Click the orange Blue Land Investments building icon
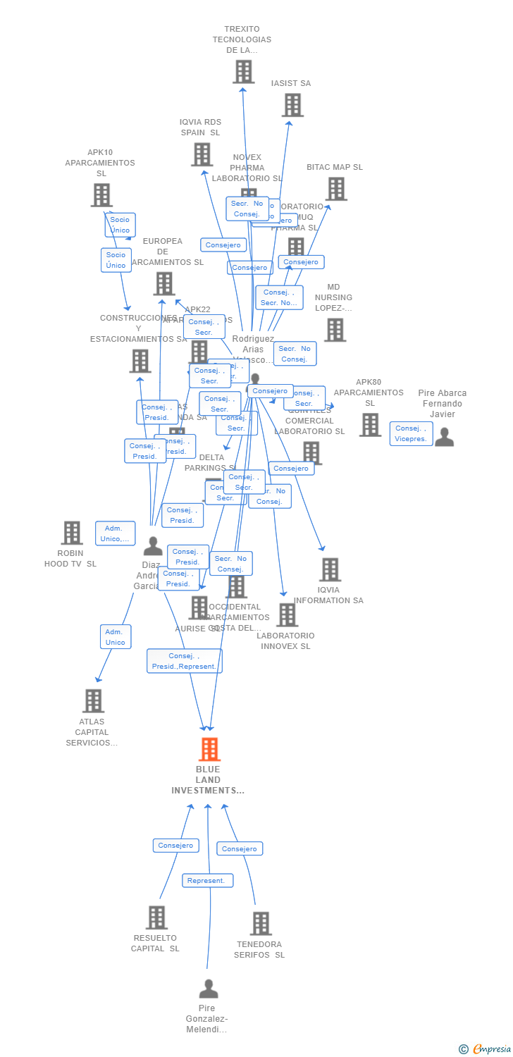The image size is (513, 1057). pyautogui.click(x=209, y=750)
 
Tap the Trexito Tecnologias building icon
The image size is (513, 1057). pyautogui.click(x=243, y=72)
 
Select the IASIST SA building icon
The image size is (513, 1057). pyautogui.click(x=292, y=105)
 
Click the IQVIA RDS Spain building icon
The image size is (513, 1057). pyautogui.click(x=202, y=154)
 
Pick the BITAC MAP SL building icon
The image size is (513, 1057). pyautogui.click(x=336, y=189)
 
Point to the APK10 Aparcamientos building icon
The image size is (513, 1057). pyautogui.click(x=101, y=195)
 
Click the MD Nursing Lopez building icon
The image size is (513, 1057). pyautogui.click(x=334, y=329)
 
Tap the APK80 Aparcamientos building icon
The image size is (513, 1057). pyautogui.click(x=370, y=425)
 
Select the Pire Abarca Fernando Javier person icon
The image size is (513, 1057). pyautogui.click(x=444, y=437)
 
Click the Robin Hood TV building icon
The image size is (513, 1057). pyautogui.click(x=72, y=533)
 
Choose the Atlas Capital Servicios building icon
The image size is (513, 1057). pyautogui.click(x=93, y=701)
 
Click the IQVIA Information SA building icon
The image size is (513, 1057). pyautogui.click(x=329, y=569)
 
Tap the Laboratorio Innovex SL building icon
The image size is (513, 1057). pyautogui.click(x=286, y=615)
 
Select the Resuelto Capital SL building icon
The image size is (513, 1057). pyautogui.click(x=156, y=917)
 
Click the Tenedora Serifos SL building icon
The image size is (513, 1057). pyautogui.click(x=261, y=923)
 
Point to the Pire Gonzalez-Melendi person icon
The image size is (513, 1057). pyautogui.click(x=208, y=989)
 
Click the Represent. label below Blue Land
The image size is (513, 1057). pyautogui.click(x=207, y=880)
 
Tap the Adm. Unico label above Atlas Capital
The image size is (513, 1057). pyautogui.click(x=116, y=636)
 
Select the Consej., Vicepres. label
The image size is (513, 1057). pyautogui.click(x=411, y=433)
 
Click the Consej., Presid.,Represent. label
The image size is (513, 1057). pyautogui.click(x=185, y=661)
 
